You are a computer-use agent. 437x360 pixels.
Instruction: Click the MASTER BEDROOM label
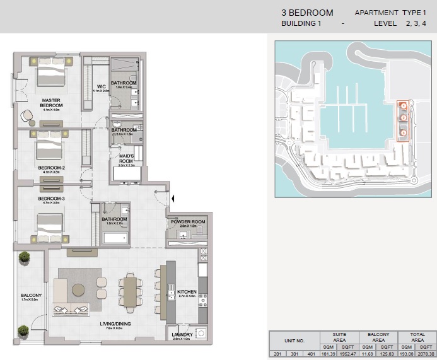click(50, 102)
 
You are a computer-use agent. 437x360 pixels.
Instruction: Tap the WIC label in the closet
click(100, 86)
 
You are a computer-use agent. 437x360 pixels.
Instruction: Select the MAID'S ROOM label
click(126, 158)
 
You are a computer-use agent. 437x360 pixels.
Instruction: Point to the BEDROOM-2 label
click(50, 168)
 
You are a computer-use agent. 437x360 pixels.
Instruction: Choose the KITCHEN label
click(187, 292)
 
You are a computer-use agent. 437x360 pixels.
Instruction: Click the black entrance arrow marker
click(174, 200)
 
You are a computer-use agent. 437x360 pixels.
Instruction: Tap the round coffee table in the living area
click(79, 289)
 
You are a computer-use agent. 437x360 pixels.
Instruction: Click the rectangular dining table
click(131, 293)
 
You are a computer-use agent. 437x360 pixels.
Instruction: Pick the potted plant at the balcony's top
click(24, 257)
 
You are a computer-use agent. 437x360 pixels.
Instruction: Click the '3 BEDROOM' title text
click(307, 13)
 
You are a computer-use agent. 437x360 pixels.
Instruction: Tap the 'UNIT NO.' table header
click(294, 341)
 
